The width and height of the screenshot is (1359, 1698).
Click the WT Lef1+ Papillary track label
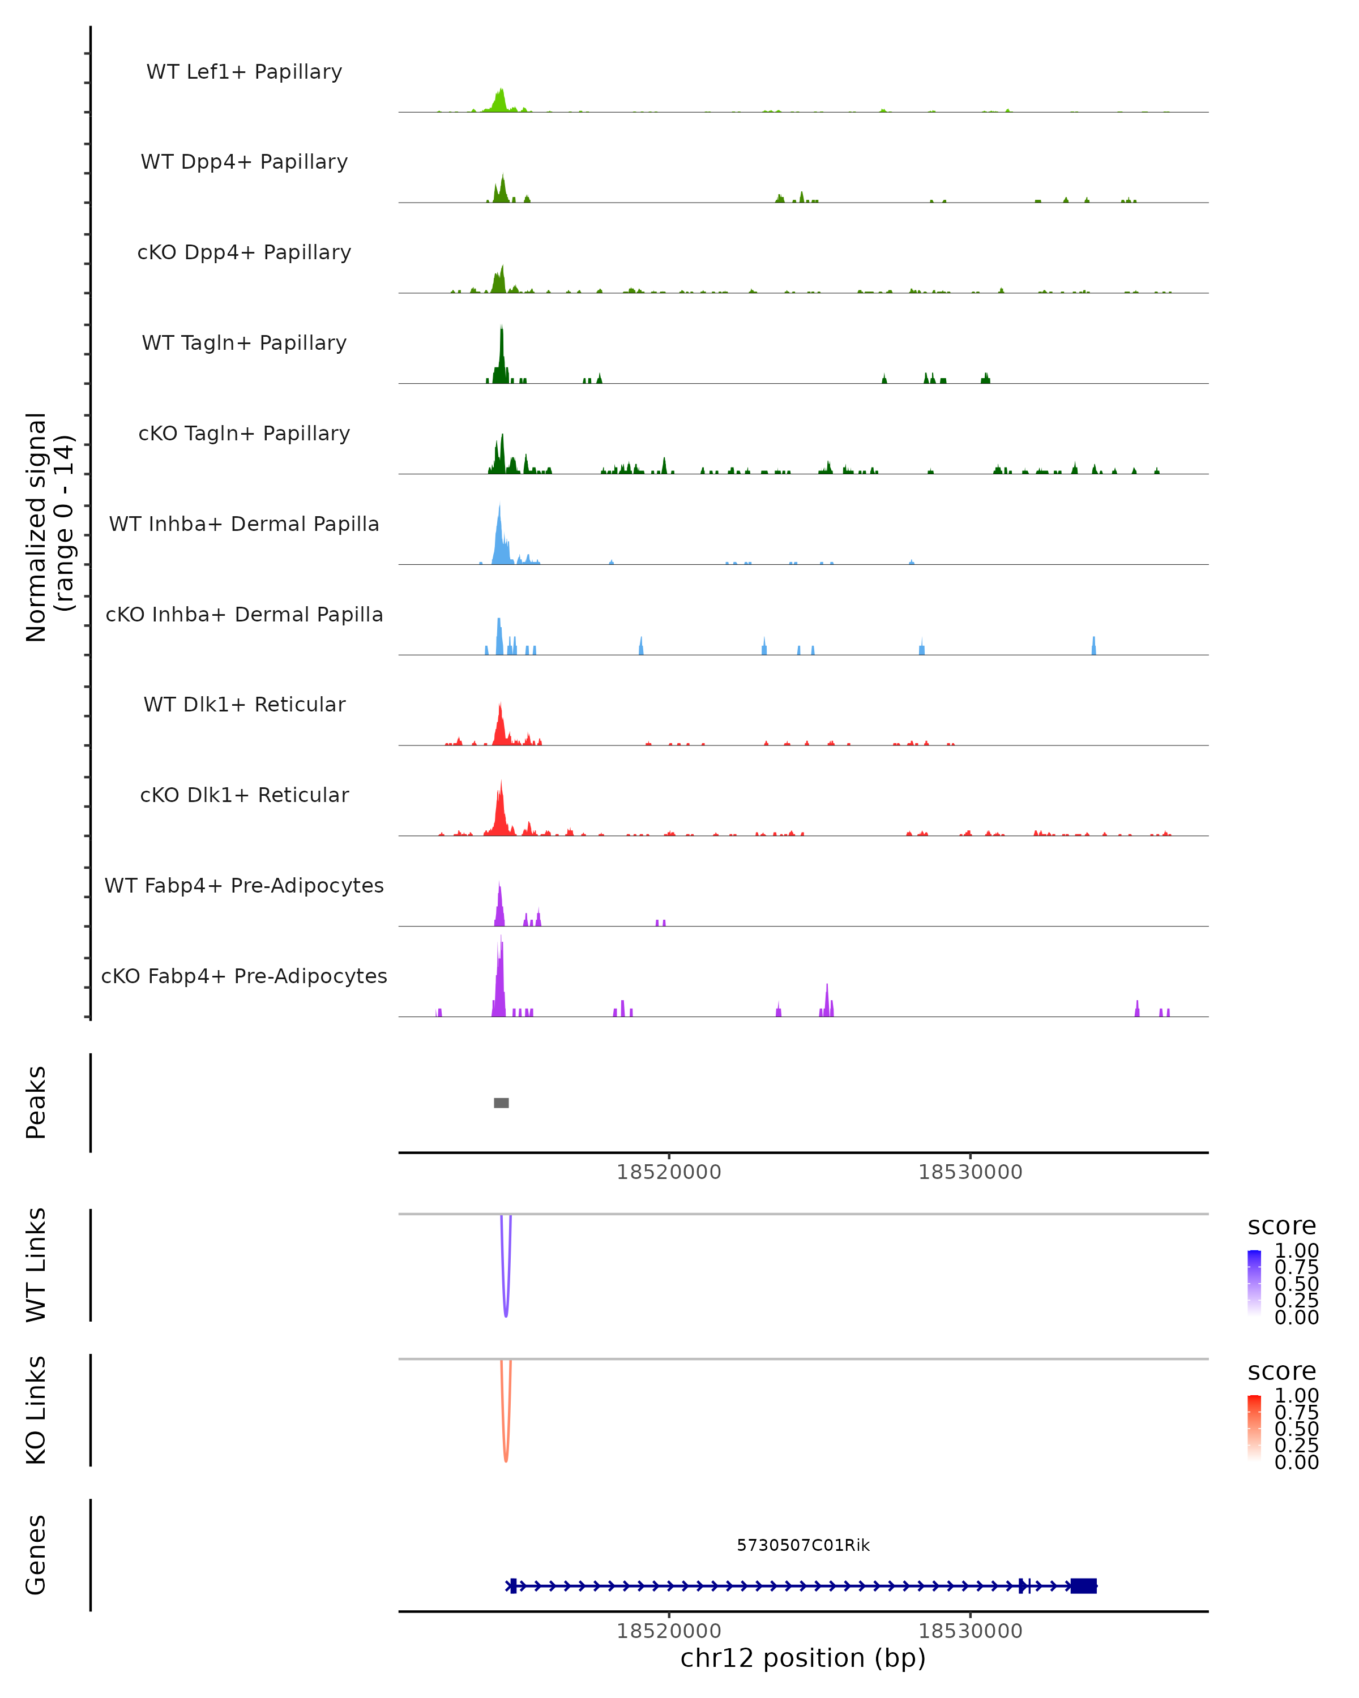(x=244, y=72)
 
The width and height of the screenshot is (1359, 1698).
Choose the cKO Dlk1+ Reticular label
(x=244, y=795)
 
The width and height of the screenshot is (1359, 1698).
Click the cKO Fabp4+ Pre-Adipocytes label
(x=244, y=976)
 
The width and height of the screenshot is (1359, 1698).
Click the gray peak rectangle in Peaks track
(x=501, y=1103)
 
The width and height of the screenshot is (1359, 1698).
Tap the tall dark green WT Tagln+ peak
(x=501, y=354)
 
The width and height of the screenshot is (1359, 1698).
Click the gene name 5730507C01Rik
(x=803, y=1545)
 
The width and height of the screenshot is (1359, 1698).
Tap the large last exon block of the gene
(x=1083, y=1586)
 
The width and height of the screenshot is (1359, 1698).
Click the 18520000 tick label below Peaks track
(x=668, y=1172)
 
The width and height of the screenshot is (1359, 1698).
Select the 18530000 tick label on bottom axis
(x=970, y=1631)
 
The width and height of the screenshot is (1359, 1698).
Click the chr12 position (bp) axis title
(x=803, y=1658)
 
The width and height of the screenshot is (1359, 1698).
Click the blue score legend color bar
(x=1254, y=1281)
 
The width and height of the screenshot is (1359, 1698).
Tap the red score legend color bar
(x=1254, y=1426)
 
